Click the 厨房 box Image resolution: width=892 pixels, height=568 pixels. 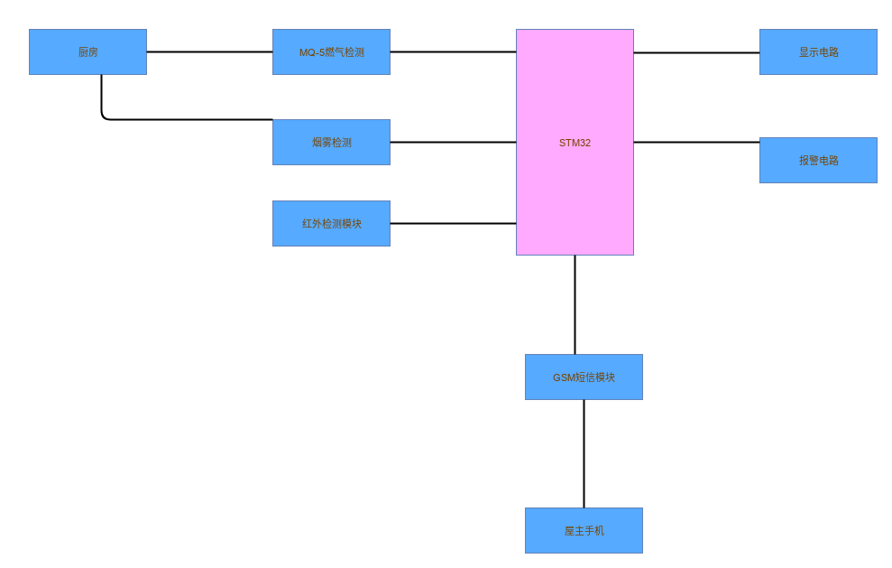87,51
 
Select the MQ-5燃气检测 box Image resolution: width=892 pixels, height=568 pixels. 331,51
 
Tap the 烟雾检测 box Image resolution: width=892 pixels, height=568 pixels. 331,142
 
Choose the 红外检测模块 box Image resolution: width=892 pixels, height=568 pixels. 331,223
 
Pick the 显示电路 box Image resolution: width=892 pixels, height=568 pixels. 818,51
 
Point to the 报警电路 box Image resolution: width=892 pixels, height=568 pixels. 818,160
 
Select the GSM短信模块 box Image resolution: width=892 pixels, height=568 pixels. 584,377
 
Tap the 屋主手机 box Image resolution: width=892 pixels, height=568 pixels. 584,530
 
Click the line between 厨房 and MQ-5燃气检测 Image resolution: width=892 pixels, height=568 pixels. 209,51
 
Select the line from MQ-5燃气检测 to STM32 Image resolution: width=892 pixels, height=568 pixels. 453,51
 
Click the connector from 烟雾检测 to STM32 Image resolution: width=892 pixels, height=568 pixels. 453,142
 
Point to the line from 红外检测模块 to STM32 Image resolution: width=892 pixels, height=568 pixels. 453,223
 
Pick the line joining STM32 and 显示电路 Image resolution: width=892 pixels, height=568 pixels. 696,52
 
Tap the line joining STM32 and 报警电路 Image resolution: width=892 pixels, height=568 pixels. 696,142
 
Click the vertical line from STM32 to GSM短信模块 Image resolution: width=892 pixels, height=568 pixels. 575,304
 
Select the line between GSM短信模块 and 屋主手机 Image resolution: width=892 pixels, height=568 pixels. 584,453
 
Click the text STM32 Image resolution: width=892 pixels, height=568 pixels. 575,143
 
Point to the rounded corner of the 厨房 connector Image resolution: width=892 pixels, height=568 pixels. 104,116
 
